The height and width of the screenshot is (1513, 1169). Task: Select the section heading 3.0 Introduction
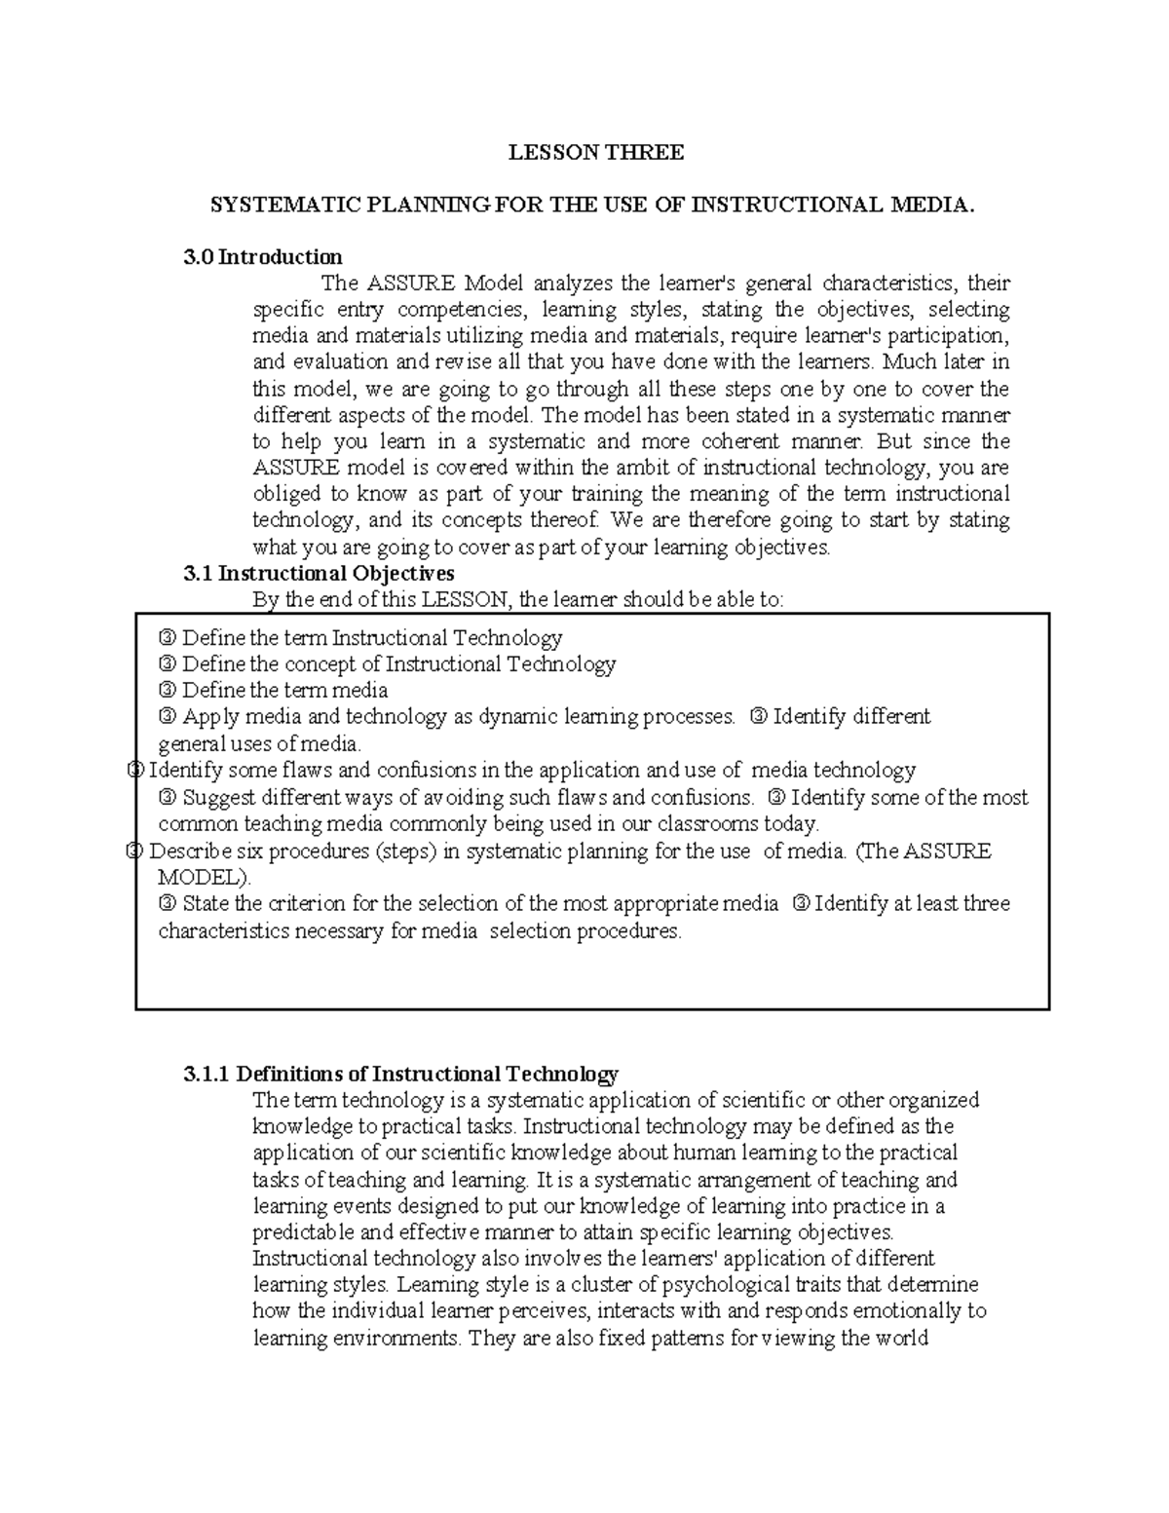263,257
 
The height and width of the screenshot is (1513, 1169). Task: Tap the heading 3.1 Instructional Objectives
319,573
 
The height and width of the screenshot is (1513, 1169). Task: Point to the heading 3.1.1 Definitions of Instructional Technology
400,1075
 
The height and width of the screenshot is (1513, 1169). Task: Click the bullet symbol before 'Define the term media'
167,691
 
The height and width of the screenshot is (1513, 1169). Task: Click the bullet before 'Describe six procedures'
136,851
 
